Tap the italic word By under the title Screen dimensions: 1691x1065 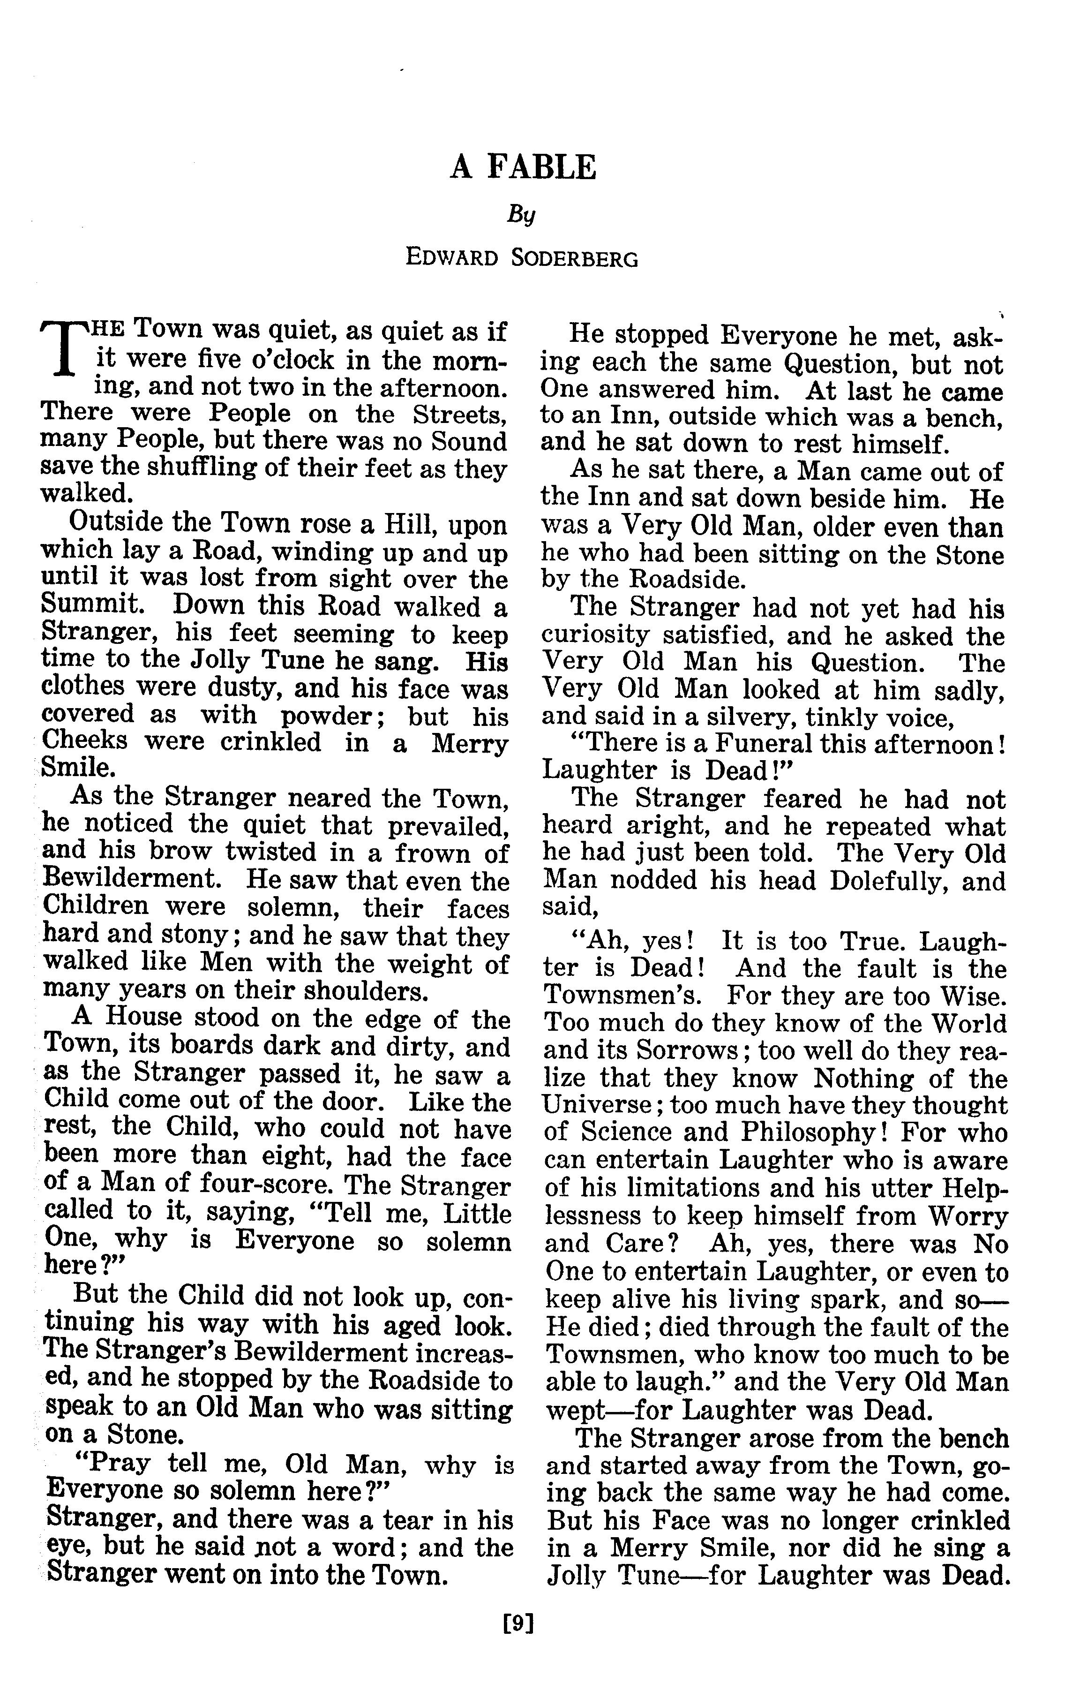(x=522, y=213)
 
